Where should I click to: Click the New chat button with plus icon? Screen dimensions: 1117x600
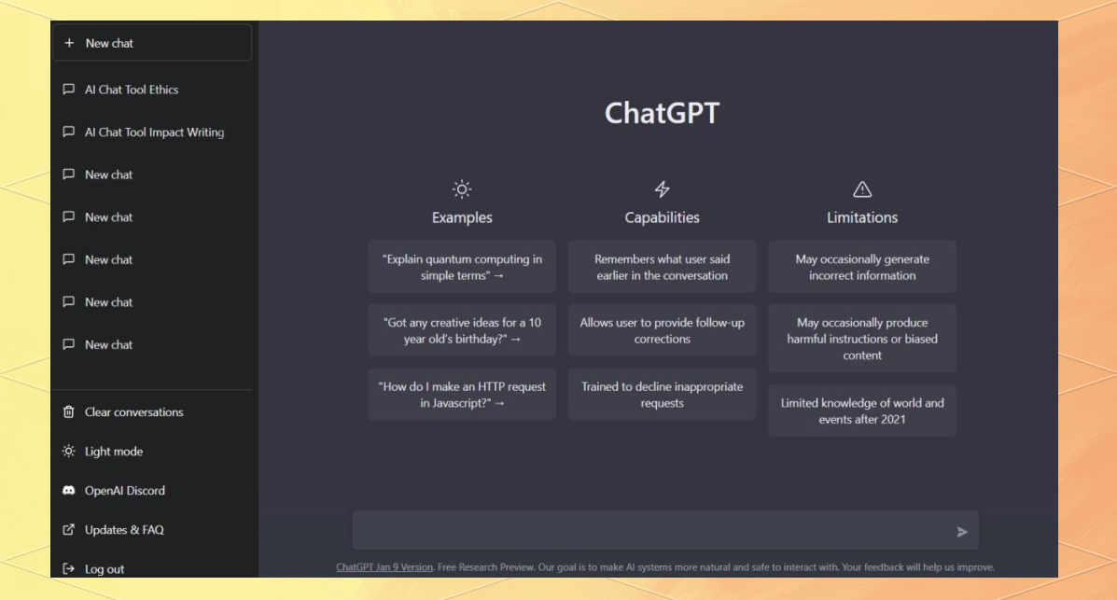click(x=152, y=43)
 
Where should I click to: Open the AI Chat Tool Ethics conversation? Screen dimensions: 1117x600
click(x=131, y=90)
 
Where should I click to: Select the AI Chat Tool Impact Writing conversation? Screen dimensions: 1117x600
click(x=154, y=133)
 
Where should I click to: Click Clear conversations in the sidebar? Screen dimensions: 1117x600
click(x=133, y=412)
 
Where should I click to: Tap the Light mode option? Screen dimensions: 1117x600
click(x=113, y=451)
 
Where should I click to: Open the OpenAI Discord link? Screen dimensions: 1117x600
click(x=124, y=490)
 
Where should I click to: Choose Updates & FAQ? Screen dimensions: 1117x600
click(x=123, y=529)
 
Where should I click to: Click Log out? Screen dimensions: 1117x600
click(x=104, y=568)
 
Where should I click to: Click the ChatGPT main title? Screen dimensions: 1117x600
click(x=662, y=113)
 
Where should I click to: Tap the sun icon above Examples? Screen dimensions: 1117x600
click(x=462, y=188)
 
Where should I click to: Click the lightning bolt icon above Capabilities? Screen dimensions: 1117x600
click(x=662, y=188)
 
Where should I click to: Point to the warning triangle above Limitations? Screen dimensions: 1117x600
click(x=862, y=188)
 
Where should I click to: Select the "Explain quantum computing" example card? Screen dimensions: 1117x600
click(x=462, y=267)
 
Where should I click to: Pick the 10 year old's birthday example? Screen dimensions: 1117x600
click(x=462, y=330)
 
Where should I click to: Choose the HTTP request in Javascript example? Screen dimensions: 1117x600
click(x=462, y=394)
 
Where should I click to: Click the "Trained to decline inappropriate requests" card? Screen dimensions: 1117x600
click(x=662, y=394)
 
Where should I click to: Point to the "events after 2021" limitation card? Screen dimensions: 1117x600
click(x=862, y=411)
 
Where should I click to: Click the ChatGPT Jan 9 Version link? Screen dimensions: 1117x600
click(x=384, y=567)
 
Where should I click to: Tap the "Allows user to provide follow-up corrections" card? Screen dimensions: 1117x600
click(x=662, y=330)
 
